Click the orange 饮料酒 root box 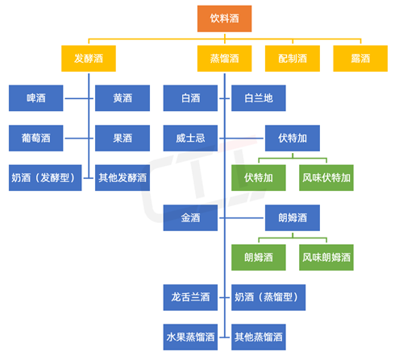pyautogui.click(x=225, y=18)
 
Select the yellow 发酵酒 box pyautogui.click(x=89, y=59)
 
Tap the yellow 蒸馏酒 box pyautogui.click(x=225, y=59)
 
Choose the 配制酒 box pyautogui.click(x=293, y=59)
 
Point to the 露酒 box pyautogui.click(x=359, y=59)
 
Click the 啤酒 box pyautogui.click(x=36, y=98)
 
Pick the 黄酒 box pyautogui.click(x=123, y=98)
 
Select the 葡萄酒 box pyautogui.click(x=36, y=138)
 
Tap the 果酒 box pyautogui.click(x=123, y=138)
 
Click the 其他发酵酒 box pyautogui.click(x=123, y=177)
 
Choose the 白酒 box pyautogui.click(x=190, y=98)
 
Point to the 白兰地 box pyautogui.click(x=259, y=98)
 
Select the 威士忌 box pyautogui.click(x=190, y=138)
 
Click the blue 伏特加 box pyautogui.click(x=292, y=138)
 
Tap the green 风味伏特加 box pyautogui.click(x=326, y=177)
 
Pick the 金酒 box pyautogui.click(x=190, y=217)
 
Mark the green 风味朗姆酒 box pyautogui.click(x=326, y=257)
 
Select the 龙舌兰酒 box pyautogui.click(x=190, y=296)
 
